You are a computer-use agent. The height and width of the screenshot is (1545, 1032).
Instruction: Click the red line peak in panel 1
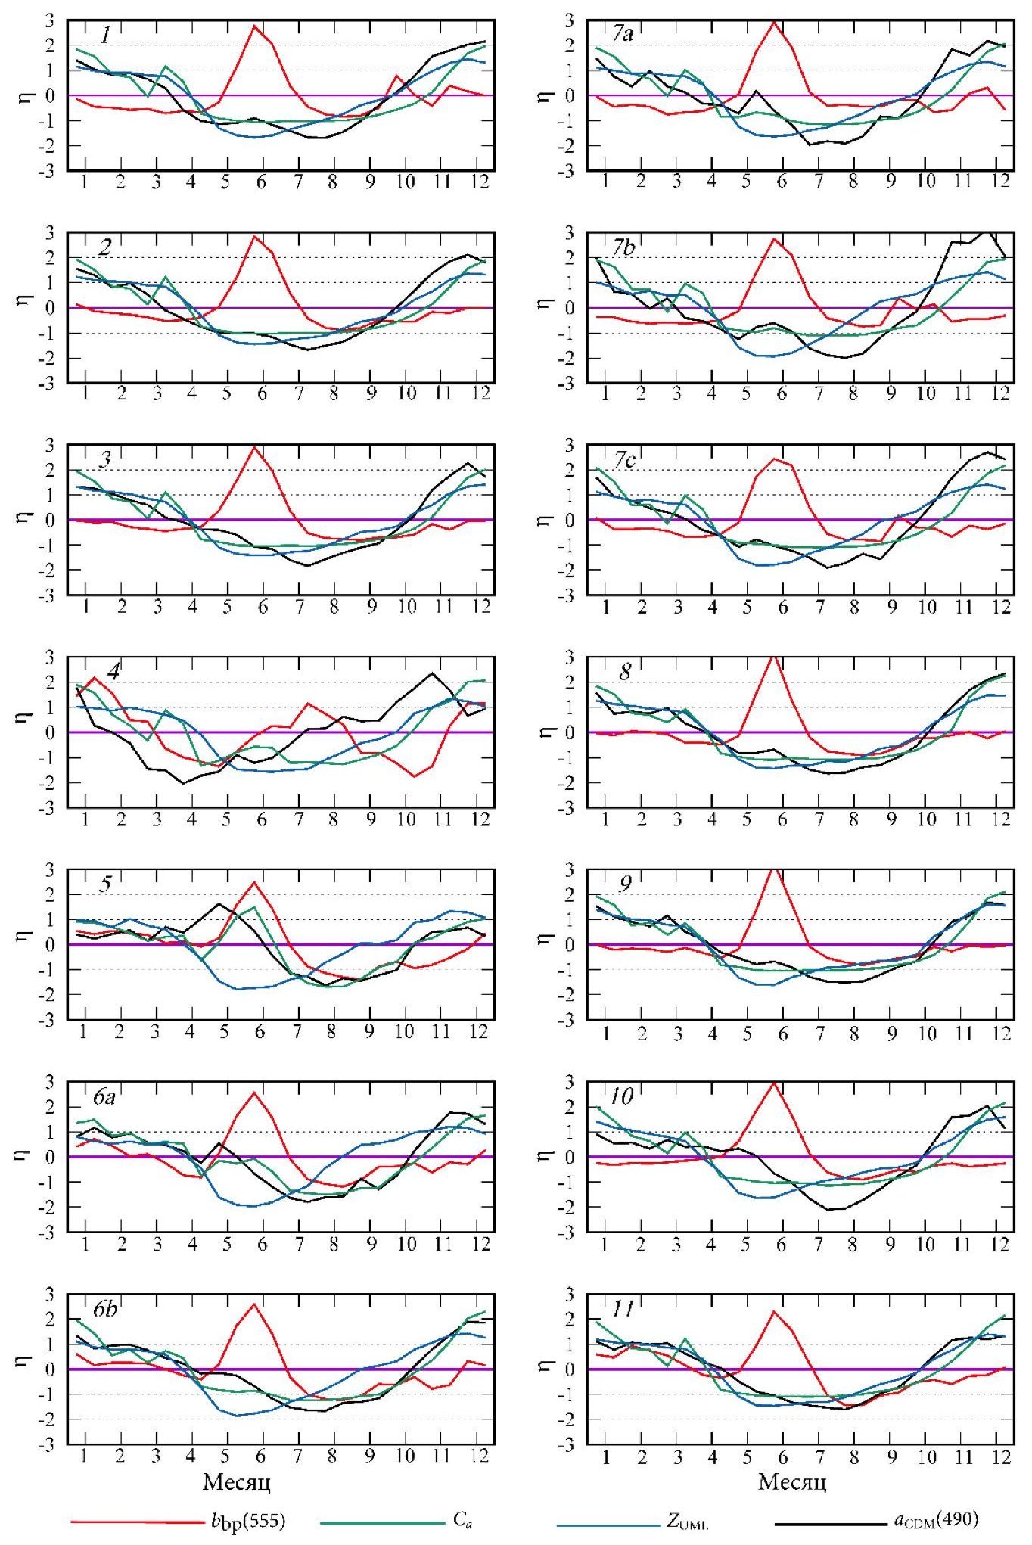(255, 26)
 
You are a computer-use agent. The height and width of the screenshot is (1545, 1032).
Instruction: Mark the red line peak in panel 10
(772, 1083)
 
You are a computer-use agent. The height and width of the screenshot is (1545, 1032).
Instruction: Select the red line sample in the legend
(136, 1522)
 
